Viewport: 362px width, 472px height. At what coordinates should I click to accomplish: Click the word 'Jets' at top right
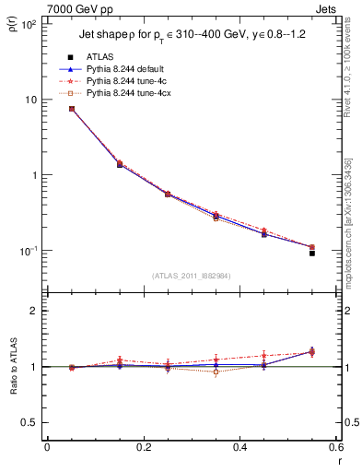327,7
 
